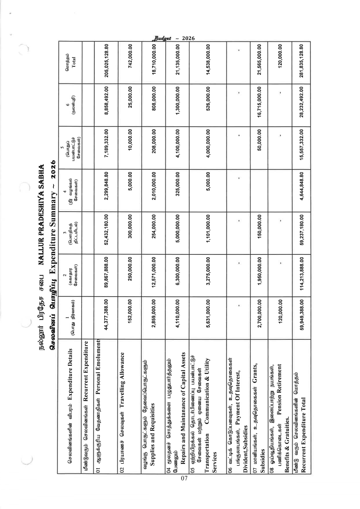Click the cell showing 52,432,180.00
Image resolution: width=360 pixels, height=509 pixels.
tap(107, 233)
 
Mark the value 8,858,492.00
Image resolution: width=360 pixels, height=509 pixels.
tap(107, 105)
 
